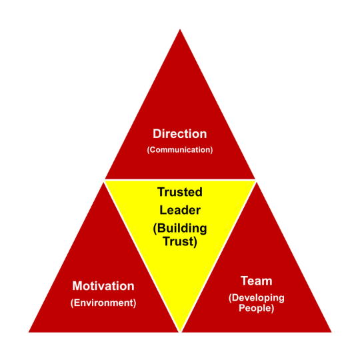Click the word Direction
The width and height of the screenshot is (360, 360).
pos(180,133)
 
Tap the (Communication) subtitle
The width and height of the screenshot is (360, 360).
pos(180,150)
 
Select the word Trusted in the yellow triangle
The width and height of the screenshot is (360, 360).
pos(180,192)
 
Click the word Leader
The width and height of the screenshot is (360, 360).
pos(180,210)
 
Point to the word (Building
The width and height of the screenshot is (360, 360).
pos(180,229)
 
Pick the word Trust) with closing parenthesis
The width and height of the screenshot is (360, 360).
pos(180,242)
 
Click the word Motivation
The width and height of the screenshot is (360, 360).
pos(103,286)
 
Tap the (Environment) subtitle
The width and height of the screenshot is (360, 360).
pos(103,303)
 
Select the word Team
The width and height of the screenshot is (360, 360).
pos(257,281)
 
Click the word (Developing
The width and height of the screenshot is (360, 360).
pos(257,298)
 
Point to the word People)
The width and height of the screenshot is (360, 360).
pos(257,308)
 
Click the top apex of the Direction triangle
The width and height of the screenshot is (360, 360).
pos(180,29)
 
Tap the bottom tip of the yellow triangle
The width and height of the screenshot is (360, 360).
pos(180,331)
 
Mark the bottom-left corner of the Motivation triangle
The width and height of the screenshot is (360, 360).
pos(29,332)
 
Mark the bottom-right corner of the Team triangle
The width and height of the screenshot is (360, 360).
pos(331,332)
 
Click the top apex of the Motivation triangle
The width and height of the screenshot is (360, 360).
pos(103,182)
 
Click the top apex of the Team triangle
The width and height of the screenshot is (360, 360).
pos(257,182)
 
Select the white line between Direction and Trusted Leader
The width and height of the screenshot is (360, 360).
pos(180,180)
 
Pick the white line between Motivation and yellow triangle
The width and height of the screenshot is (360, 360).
pos(142,257)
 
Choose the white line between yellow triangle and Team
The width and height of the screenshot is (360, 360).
pos(219,257)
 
